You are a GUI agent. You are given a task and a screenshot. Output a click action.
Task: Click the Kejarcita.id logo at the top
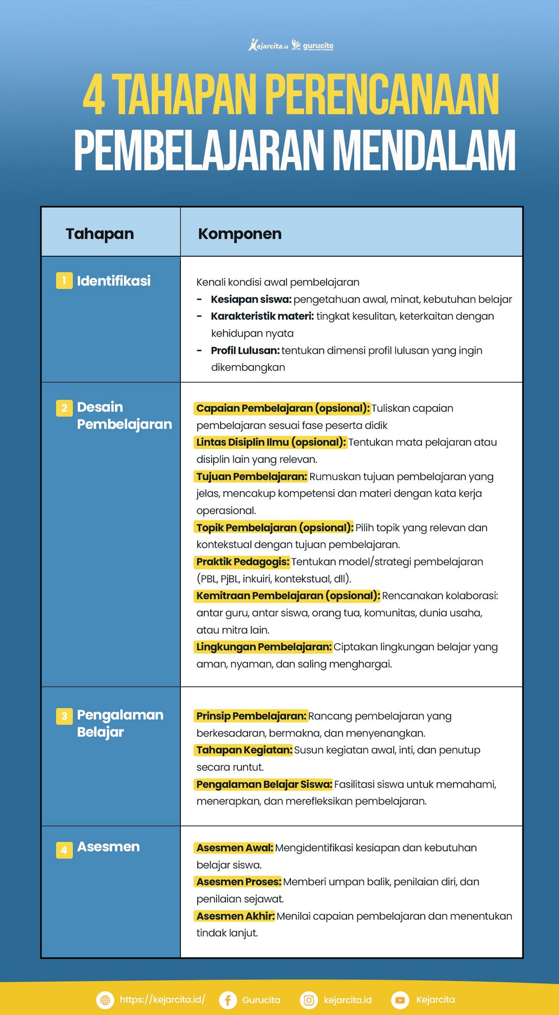(x=268, y=46)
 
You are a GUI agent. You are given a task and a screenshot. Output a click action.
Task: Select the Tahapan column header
(x=100, y=233)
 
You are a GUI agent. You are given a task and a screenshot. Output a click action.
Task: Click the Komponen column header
(x=240, y=233)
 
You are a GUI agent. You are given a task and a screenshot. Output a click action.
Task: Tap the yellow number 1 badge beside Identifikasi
(x=64, y=281)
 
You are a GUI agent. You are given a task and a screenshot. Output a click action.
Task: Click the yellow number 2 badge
(x=64, y=408)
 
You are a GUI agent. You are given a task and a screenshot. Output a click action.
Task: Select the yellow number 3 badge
(x=64, y=716)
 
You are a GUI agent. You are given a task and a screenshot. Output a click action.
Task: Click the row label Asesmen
(x=108, y=846)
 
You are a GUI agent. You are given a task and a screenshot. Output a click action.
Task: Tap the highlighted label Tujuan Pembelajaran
(x=251, y=476)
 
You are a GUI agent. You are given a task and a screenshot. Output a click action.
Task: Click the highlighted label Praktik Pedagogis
(x=242, y=562)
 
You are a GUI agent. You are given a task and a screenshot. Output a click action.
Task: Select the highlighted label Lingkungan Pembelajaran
(x=264, y=647)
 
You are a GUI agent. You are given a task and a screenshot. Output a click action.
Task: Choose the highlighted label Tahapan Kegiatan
(x=244, y=750)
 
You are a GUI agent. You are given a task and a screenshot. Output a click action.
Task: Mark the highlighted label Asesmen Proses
(x=238, y=882)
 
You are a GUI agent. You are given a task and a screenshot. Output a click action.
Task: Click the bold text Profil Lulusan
(x=245, y=350)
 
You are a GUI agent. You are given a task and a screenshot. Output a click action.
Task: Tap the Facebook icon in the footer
(x=227, y=1000)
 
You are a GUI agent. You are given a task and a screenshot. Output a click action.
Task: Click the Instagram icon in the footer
(x=309, y=1000)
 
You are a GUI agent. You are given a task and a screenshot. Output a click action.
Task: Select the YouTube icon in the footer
(x=400, y=1000)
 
